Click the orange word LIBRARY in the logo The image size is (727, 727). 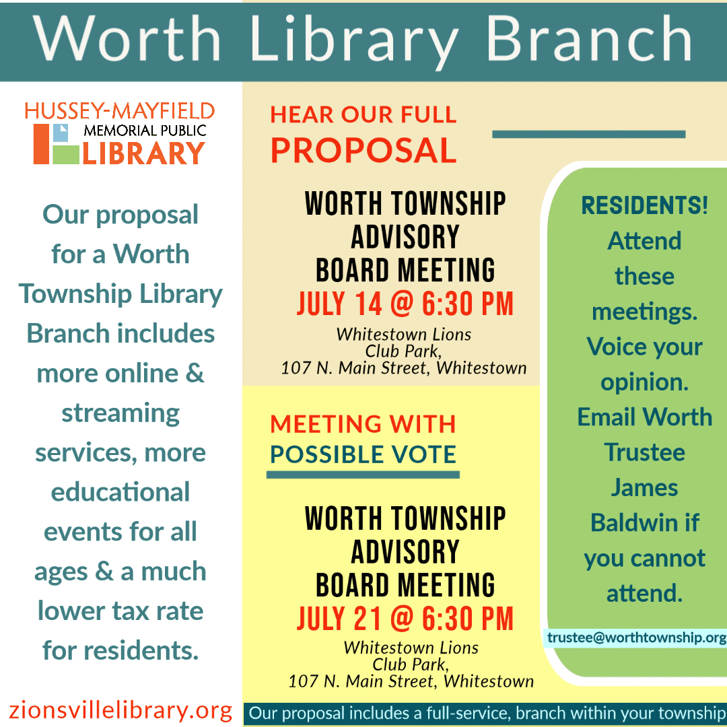143,153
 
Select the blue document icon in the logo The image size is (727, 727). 61,133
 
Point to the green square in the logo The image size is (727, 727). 66,154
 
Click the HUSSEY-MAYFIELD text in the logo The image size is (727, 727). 120,111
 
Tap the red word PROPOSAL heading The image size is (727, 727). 363,151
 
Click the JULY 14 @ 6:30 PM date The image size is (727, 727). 405,304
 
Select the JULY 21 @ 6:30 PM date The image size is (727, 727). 405,619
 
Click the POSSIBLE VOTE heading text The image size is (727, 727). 363,454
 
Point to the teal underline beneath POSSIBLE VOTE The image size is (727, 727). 363,475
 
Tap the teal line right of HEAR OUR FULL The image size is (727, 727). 589,135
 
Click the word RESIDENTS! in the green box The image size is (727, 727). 644,205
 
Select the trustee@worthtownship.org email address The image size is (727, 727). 637,637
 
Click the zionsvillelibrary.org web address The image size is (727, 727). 120,710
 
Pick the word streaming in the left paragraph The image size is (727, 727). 120,413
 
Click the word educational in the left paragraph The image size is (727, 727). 120,491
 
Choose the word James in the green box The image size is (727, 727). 644,487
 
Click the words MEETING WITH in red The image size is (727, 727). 363,424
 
